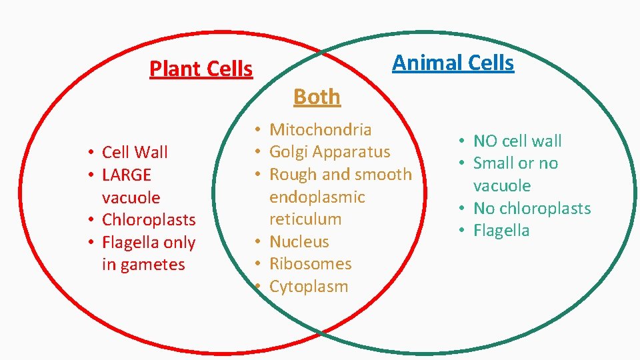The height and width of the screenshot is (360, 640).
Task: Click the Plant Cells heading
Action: point(201,69)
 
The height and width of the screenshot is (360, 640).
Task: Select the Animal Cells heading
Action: point(453,63)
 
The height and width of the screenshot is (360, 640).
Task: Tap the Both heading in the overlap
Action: point(317,97)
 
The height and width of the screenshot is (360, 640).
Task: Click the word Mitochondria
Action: point(320,129)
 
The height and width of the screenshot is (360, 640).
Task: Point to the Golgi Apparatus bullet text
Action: point(329,152)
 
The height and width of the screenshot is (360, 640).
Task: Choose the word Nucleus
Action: point(299,241)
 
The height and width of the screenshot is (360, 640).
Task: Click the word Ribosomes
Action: point(310,264)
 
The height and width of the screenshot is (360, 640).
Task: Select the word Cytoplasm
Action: point(308,287)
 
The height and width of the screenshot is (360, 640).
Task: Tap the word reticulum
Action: point(305,219)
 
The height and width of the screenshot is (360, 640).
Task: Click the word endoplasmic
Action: point(317,197)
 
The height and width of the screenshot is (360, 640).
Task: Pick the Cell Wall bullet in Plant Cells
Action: point(135,153)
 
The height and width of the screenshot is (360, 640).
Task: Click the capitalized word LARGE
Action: point(127,175)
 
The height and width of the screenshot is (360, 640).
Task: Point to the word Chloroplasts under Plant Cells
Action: point(149,220)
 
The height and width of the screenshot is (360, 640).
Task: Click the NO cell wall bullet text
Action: point(517,141)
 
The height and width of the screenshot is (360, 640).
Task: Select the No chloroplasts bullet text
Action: point(532,209)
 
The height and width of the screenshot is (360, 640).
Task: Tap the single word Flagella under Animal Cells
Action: point(501,231)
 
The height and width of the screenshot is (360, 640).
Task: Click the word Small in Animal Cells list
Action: point(495,163)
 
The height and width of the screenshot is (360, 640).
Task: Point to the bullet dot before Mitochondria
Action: point(257,129)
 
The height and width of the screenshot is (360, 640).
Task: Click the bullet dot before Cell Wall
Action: point(89,153)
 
